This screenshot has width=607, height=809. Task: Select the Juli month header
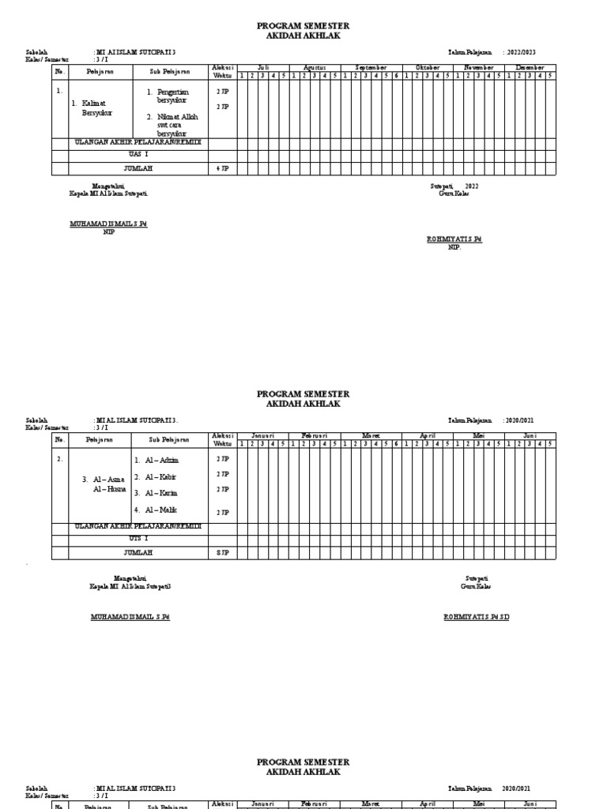(262, 68)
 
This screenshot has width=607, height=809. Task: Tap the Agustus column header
(314, 68)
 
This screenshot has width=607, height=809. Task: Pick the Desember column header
(530, 68)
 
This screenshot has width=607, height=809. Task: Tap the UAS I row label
(138, 155)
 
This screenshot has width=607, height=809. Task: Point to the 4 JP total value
(223, 168)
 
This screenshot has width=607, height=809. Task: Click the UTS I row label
(138, 539)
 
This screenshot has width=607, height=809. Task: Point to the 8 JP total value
(223, 552)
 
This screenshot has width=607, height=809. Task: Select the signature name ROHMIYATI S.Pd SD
(477, 617)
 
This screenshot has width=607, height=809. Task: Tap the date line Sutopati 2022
(454, 186)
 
